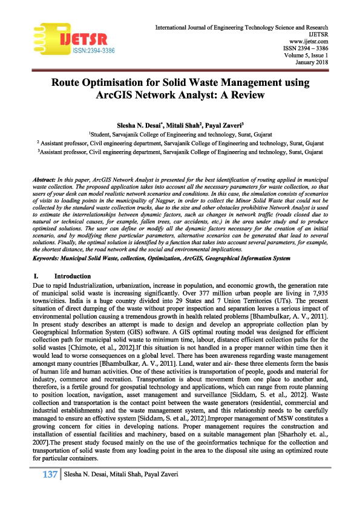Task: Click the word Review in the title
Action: [248, 96]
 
